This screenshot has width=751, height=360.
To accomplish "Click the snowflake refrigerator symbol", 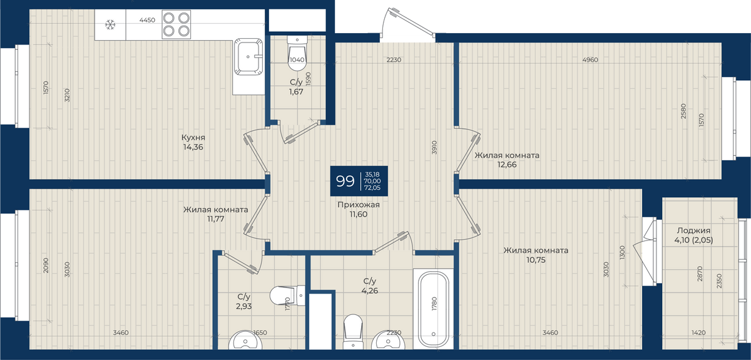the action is click(x=110, y=24).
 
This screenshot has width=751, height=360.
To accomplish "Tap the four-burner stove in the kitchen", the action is click(x=176, y=24).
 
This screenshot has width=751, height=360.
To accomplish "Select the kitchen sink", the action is click(x=248, y=57).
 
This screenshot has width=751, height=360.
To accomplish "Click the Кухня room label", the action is click(x=193, y=137).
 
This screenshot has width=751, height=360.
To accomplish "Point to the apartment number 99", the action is click(x=345, y=181).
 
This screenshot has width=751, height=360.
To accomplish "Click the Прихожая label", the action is click(x=359, y=205).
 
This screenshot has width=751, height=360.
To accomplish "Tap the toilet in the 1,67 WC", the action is click(x=297, y=54).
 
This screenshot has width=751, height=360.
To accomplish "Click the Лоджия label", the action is click(x=693, y=230).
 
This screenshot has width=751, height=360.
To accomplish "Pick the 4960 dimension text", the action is click(x=590, y=59).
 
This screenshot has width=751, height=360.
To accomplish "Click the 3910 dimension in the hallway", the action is click(x=434, y=147).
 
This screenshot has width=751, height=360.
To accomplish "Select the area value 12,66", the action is click(x=507, y=165).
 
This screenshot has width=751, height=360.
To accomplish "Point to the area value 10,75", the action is click(x=536, y=260).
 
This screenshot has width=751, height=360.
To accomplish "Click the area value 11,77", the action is click(x=215, y=219).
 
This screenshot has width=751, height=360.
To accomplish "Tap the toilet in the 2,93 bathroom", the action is click(x=287, y=296).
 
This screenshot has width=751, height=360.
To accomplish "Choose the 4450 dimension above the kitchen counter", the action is click(x=147, y=20).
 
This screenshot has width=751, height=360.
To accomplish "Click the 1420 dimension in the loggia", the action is click(x=698, y=332).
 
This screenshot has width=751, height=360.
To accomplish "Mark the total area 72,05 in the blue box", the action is click(x=372, y=188).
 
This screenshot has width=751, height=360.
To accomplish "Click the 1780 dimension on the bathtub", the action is click(x=434, y=304).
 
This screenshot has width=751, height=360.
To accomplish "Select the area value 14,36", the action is click(x=193, y=147).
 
